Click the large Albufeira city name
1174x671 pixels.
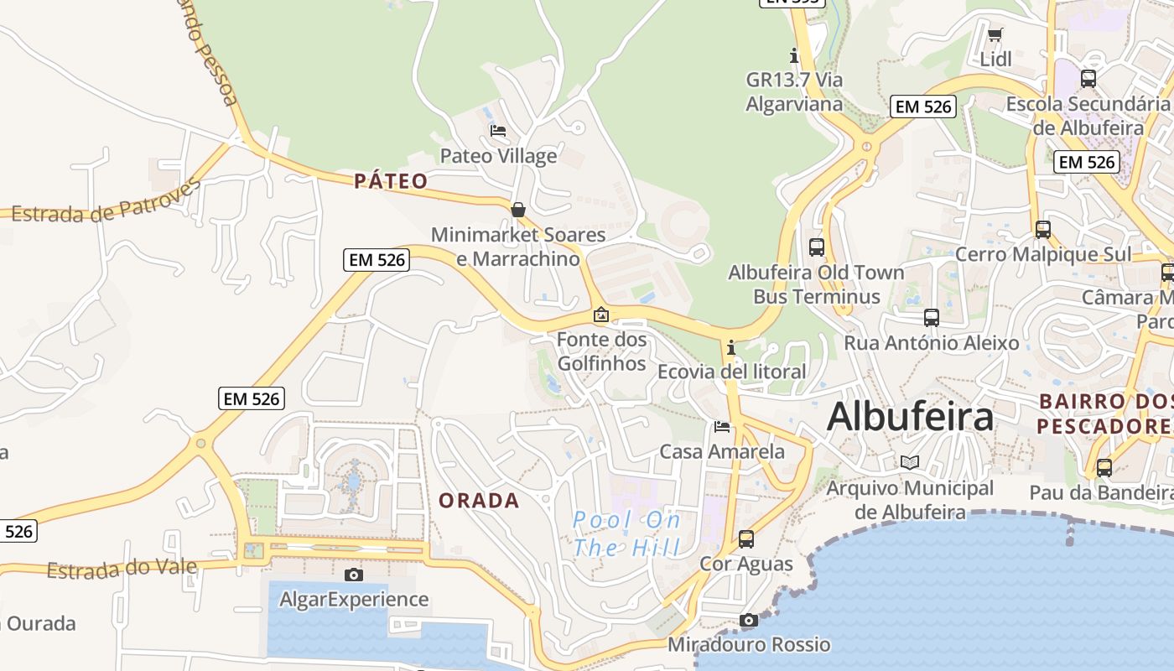pyautogui.click(x=911, y=417)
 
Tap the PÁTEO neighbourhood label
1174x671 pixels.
pyautogui.click(x=391, y=181)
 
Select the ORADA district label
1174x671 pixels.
pyautogui.click(x=479, y=501)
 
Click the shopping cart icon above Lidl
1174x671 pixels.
pyautogui.click(x=995, y=34)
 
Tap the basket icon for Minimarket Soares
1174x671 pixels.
pyautogui.click(x=518, y=210)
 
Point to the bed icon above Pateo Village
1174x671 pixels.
pyautogui.click(x=498, y=131)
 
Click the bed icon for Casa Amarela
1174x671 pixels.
pyautogui.click(x=722, y=427)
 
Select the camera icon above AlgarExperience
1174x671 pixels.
pyautogui.click(x=354, y=575)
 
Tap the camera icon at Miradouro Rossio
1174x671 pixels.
pyautogui.click(x=749, y=621)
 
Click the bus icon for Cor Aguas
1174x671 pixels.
pyautogui.click(x=746, y=539)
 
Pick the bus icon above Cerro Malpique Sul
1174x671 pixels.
pyautogui.click(x=1043, y=229)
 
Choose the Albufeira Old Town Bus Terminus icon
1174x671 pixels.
pyautogui.click(x=816, y=247)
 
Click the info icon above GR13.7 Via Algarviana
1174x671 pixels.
pyautogui.click(x=794, y=56)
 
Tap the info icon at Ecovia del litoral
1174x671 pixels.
pyautogui.click(x=731, y=347)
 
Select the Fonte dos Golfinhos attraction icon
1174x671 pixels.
pyautogui.click(x=601, y=315)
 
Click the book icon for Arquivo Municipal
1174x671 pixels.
pyautogui.click(x=910, y=463)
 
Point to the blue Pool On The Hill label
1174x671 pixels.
pyautogui.click(x=626, y=534)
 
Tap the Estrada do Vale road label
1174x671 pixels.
pyautogui.click(x=122, y=570)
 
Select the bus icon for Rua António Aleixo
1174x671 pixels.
pyautogui.click(x=931, y=318)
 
